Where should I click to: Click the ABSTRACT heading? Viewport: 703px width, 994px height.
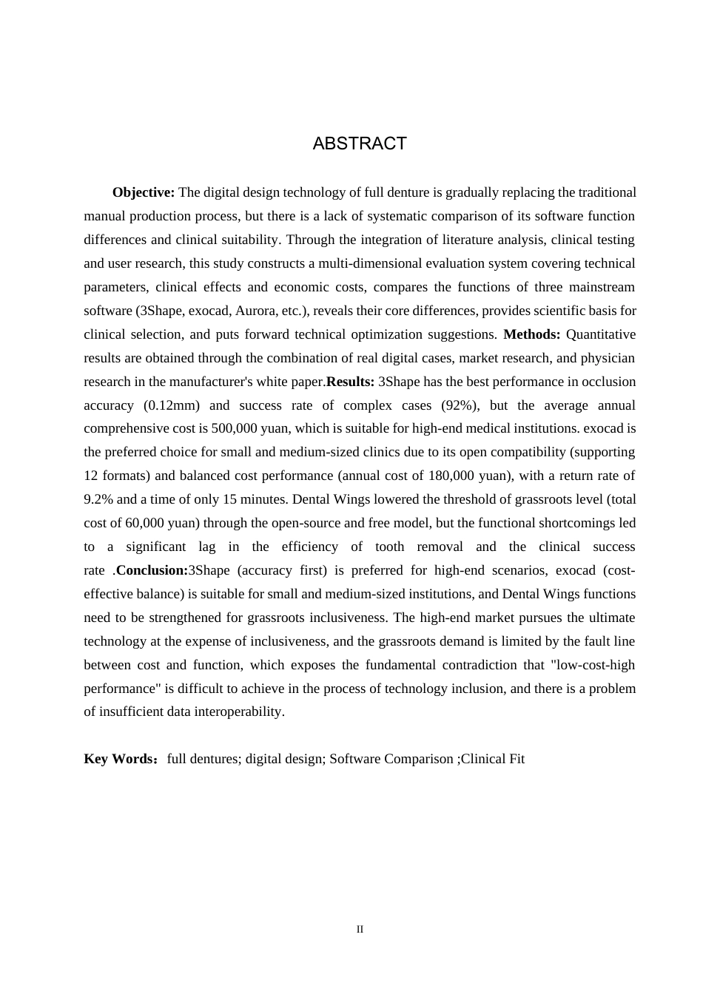pos(360,143)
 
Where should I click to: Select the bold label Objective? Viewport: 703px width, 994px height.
pos(144,192)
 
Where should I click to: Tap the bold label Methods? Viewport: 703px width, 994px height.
pos(531,334)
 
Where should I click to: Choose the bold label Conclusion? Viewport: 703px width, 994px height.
pos(152,570)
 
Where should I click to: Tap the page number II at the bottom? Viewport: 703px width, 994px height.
pos(360,929)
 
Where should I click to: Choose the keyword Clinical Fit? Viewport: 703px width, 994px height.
pos(493,759)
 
